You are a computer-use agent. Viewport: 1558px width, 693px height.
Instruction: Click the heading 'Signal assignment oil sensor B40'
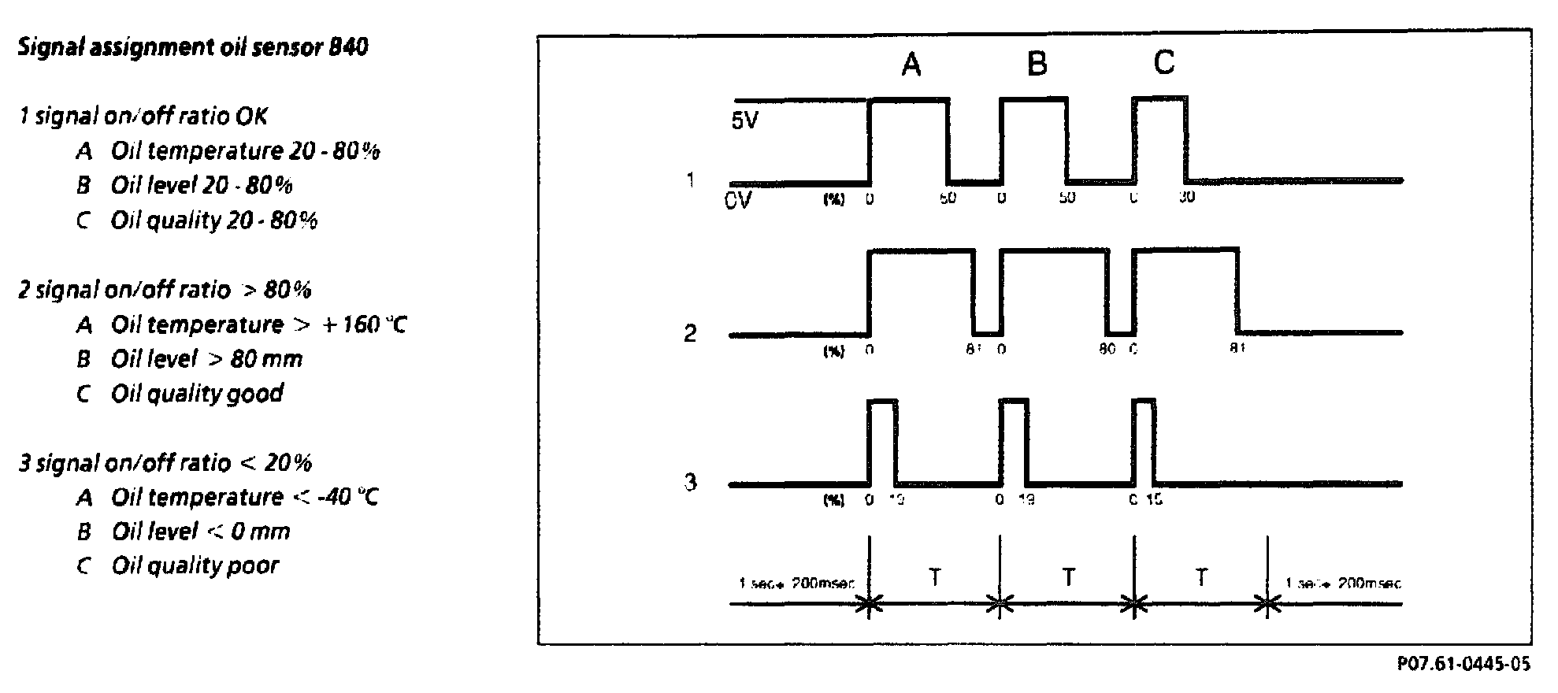point(192,48)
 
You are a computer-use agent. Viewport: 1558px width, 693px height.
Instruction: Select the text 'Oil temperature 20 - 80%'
point(245,151)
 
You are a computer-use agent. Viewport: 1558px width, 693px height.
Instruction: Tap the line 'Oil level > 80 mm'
point(206,359)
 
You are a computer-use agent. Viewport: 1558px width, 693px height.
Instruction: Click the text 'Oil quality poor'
point(195,565)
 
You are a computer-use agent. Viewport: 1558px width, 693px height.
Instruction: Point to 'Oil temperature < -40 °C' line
point(245,498)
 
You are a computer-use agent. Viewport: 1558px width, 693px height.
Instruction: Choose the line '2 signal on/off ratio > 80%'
point(165,290)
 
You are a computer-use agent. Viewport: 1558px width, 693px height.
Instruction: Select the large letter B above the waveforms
point(1037,64)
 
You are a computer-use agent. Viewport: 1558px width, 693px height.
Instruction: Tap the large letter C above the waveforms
point(1163,62)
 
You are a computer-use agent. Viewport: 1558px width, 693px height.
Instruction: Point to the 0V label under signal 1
point(737,201)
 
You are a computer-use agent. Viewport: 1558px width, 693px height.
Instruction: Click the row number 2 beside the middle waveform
point(690,334)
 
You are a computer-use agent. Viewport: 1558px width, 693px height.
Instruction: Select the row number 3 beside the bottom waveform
point(690,482)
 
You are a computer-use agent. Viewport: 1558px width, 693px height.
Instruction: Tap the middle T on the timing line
point(1068,577)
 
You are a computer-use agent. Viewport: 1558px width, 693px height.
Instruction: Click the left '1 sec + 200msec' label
point(796,584)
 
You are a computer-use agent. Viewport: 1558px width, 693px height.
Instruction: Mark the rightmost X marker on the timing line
point(1267,605)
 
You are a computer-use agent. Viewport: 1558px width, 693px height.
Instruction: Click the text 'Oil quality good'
point(197,393)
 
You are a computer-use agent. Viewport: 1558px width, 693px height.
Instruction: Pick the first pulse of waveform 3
point(881,441)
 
